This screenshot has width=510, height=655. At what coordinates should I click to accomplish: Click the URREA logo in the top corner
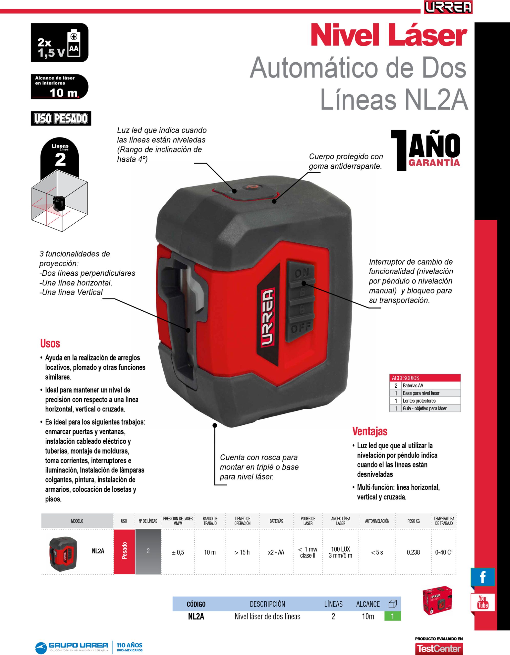click(x=448, y=7)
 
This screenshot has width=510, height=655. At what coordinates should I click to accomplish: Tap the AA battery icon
click(x=74, y=43)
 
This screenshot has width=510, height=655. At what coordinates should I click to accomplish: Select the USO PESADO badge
click(x=61, y=118)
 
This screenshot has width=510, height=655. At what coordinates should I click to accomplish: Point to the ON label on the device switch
click(x=301, y=273)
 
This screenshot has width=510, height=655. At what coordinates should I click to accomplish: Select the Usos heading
click(x=50, y=343)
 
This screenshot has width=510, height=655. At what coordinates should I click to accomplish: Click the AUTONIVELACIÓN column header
click(x=377, y=521)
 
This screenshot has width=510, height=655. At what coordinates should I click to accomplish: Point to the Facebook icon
click(x=483, y=577)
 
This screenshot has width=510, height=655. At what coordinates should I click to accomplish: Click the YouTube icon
click(x=483, y=602)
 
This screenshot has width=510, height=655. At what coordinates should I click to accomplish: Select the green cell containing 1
click(x=392, y=616)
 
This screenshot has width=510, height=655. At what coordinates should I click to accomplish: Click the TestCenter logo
click(x=439, y=648)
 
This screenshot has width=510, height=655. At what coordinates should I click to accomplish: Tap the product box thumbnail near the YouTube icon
click(x=437, y=601)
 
